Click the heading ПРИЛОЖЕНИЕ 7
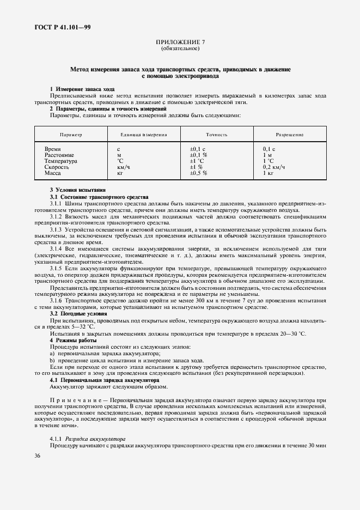[180, 42]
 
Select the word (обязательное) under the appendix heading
[180, 48]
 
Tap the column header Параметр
[71, 134]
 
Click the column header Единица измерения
[144, 134]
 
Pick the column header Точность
[216, 134]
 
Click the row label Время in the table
[53, 149]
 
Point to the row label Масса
[53, 173]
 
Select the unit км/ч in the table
[124, 167]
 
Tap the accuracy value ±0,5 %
[199, 173]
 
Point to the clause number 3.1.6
[58, 301]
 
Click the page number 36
[38, 456]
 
